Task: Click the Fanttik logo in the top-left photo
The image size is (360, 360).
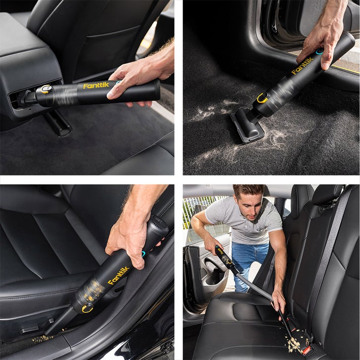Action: [x=96, y=86]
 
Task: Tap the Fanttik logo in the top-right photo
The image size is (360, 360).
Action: [x=302, y=66]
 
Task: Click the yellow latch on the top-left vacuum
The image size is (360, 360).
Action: [x=46, y=89]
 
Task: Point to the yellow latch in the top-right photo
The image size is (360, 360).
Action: [x=262, y=98]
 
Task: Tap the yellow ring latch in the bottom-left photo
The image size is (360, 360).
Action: [x=87, y=309]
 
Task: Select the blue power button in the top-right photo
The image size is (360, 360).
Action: [x=319, y=51]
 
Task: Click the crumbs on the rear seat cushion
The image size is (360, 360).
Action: [x=295, y=343]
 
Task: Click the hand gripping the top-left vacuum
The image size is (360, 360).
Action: [x=141, y=78]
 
